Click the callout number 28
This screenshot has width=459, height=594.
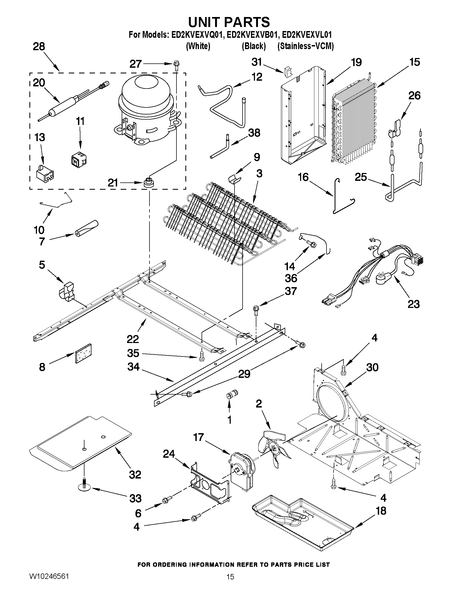(39, 47)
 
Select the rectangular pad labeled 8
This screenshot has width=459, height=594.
(83, 353)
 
